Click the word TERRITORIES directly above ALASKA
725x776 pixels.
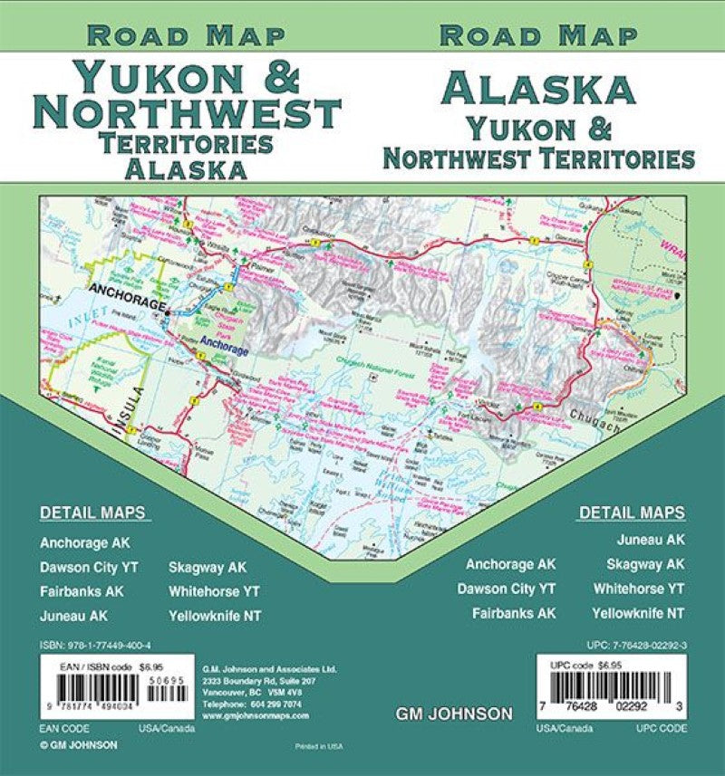pos(188,143)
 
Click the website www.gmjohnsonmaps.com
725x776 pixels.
pos(256,714)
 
